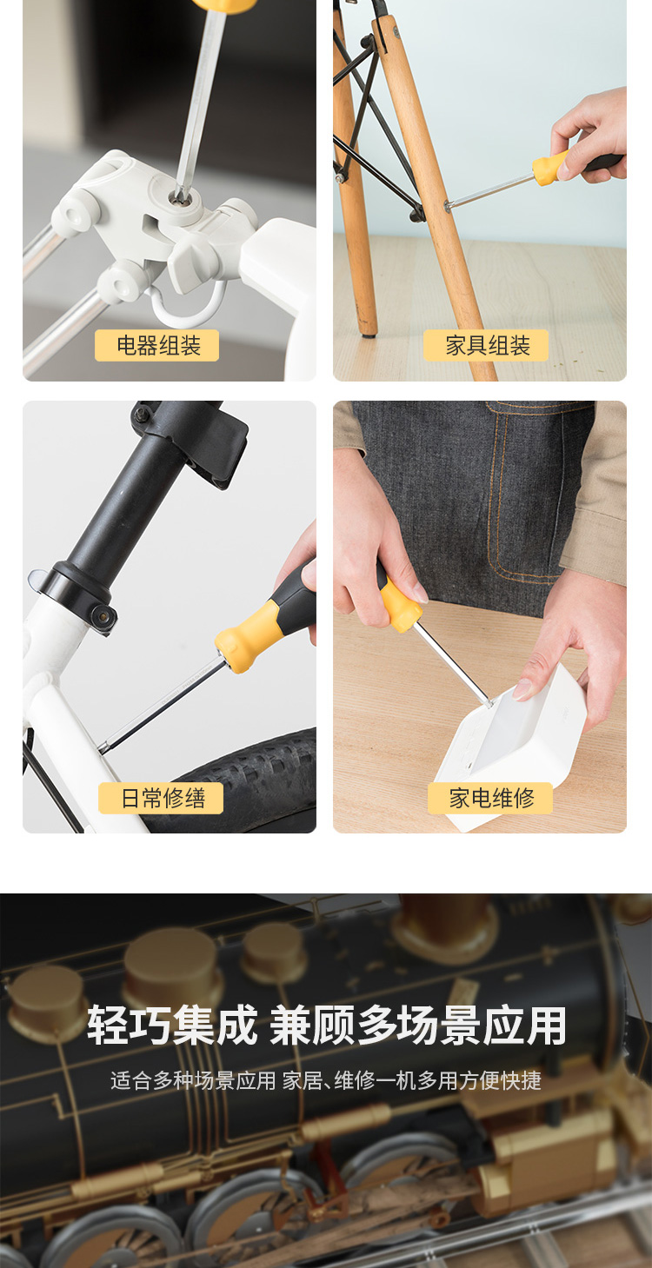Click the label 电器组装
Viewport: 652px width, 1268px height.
point(156,346)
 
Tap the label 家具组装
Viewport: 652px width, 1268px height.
point(487,346)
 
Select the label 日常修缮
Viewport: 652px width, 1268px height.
point(161,798)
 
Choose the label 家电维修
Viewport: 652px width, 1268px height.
point(490,798)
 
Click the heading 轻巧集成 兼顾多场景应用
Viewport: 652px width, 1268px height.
point(326,1026)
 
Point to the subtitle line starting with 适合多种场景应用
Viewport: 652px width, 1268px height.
point(326,1080)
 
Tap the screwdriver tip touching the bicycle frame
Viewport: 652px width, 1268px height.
point(103,747)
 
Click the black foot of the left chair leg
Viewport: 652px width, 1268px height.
point(369,331)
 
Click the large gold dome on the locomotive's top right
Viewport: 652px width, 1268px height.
point(443,926)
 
